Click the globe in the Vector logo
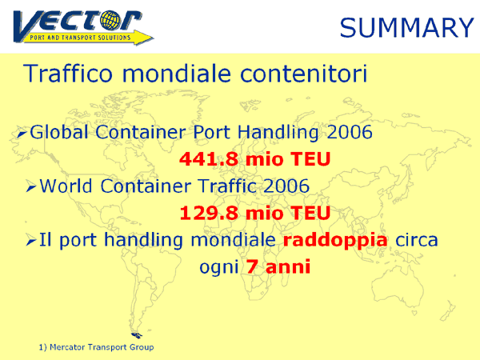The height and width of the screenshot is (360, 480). point(110,20)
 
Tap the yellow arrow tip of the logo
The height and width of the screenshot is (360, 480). point(152,38)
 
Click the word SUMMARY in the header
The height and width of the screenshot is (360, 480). point(407,27)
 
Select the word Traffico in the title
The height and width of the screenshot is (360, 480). point(68,74)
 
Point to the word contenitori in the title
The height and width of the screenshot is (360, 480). point(303,74)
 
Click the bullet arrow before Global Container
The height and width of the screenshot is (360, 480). point(22,133)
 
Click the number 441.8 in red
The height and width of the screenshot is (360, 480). point(209,159)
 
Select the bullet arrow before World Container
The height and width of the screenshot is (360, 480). point(31,186)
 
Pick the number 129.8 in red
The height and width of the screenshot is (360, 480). point(209,213)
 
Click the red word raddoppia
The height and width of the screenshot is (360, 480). point(335,240)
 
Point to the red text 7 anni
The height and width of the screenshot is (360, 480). point(278,266)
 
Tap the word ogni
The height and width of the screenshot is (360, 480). point(219,267)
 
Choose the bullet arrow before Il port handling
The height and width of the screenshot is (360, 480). point(31,240)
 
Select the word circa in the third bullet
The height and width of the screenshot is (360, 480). point(417,240)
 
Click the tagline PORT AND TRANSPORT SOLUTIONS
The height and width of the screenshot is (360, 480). point(80,38)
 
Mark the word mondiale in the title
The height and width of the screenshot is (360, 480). point(176,74)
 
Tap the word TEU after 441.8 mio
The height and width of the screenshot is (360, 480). point(310,159)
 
